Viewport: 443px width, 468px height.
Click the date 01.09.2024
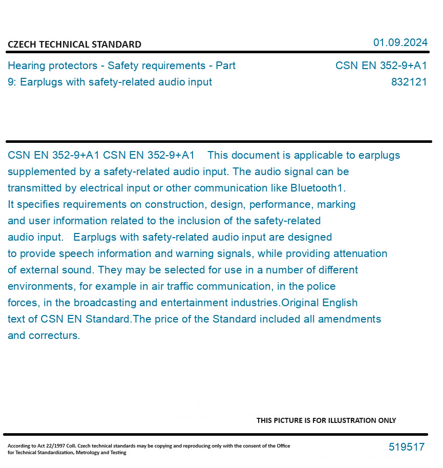pyautogui.click(x=400, y=42)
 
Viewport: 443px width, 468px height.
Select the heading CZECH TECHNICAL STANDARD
pyautogui.click(x=74, y=45)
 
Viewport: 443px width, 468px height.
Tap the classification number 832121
pyautogui.click(x=409, y=82)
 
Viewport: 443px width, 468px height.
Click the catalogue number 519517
pyautogui.click(x=406, y=447)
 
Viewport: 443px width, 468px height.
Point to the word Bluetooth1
pyautogui.click(x=318, y=188)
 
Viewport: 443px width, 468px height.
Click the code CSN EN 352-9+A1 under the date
pyautogui.click(x=381, y=66)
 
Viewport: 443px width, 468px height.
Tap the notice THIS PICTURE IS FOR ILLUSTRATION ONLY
pyautogui.click(x=326, y=420)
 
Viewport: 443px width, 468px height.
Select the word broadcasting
pyautogui.click(x=104, y=303)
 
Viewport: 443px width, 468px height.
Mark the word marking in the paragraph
pyautogui.click(x=336, y=204)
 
